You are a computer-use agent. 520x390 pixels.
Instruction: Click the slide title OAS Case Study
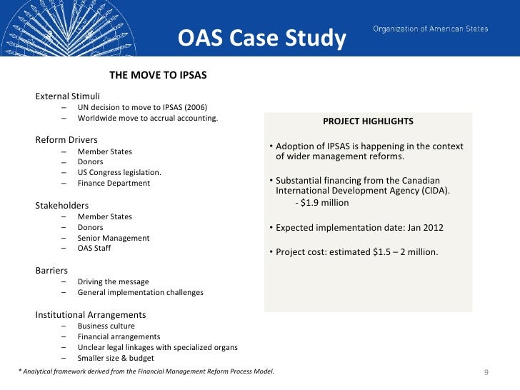pyautogui.click(x=261, y=38)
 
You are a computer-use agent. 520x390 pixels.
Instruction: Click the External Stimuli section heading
pyautogui.click(x=68, y=96)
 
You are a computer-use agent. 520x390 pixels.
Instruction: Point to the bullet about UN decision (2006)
pyautogui.click(x=132, y=107)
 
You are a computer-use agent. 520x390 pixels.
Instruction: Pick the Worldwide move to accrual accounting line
pyautogui.click(x=148, y=118)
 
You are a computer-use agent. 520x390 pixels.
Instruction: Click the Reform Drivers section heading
pyautogui.click(x=66, y=139)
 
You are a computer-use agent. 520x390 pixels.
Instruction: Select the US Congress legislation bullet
pyautogui.click(x=119, y=172)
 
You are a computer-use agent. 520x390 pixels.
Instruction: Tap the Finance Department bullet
pyautogui.click(x=114, y=183)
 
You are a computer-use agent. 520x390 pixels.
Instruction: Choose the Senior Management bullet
pyautogui.click(x=114, y=238)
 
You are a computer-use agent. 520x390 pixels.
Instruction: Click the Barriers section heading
pyautogui.click(x=52, y=271)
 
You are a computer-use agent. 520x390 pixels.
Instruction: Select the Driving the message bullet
pyautogui.click(x=113, y=281)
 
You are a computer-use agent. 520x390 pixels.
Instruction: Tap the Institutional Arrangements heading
pyautogui.click(x=91, y=314)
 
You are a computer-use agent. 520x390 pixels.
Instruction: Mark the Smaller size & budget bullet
pyautogui.click(x=116, y=358)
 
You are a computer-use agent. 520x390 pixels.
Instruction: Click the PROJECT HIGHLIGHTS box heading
pyautogui.click(x=368, y=121)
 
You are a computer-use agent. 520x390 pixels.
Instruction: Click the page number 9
pyautogui.click(x=486, y=373)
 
